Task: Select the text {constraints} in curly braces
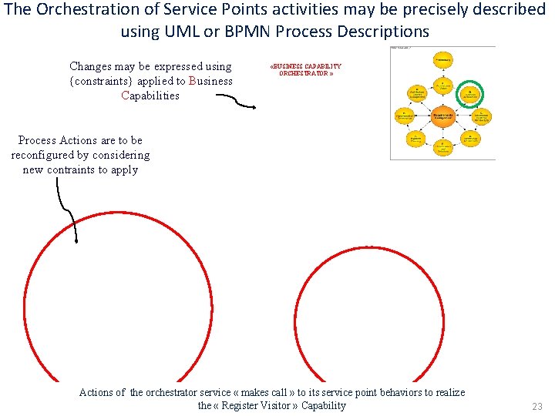(x=101, y=81)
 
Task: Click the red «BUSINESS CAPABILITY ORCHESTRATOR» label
(x=305, y=70)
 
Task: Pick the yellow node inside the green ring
(x=469, y=94)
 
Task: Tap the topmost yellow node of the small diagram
(x=442, y=59)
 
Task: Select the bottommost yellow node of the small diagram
(x=442, y=147)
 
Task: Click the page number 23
(x=537, y=406)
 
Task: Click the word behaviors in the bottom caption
(x=384, y=392)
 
